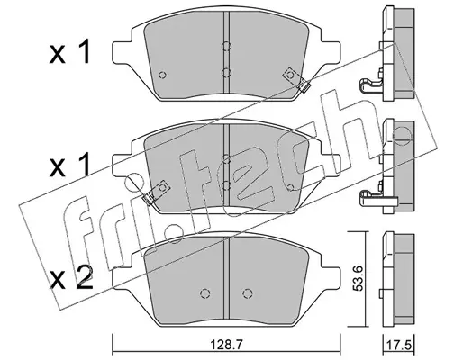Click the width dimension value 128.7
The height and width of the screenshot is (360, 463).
(226, 346)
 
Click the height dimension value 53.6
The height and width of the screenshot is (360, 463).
(358, 279)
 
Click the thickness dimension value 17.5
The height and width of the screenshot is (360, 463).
(400, 346)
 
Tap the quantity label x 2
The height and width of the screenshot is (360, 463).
(71, 278)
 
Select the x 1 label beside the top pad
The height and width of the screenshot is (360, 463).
(69, 52)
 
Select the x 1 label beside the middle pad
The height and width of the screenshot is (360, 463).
(69, 165)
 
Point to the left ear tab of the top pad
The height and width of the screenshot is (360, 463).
(123, 52)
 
